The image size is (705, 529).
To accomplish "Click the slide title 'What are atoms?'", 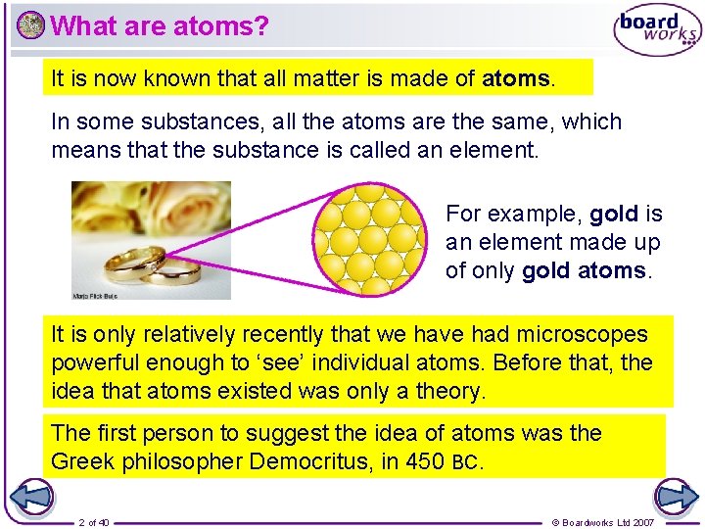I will pos(159,25).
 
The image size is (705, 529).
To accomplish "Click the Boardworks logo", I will pos(656,30).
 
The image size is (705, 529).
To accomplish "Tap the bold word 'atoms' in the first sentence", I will pos(517,78).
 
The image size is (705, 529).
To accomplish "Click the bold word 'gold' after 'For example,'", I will pos(614,214).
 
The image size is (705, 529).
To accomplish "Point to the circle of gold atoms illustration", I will pos(369,240).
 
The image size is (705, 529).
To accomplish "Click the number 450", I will pos(423,460).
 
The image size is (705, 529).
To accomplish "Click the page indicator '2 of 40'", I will pos(94,522).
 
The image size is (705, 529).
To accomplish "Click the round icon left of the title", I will pos(30,25).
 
